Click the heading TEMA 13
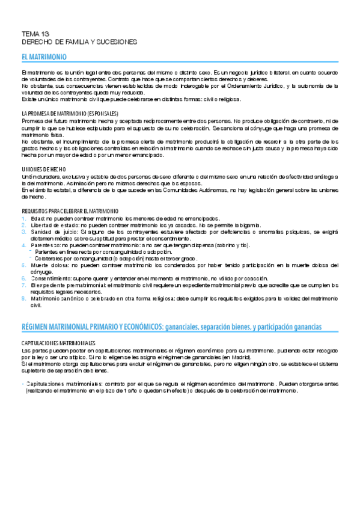click(x=31, y=35)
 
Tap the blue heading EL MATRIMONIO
click(x=42, y=57)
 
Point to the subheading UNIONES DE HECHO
click(x=43, y=170)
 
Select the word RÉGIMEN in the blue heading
click(x=37, y=326)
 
